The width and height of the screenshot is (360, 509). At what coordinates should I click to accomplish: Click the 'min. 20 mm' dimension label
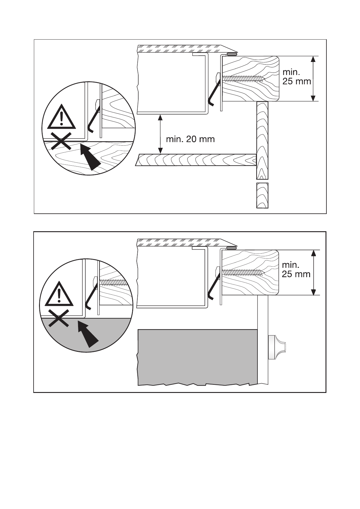190,139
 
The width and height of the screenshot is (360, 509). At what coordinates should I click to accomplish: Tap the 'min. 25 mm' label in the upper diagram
296,77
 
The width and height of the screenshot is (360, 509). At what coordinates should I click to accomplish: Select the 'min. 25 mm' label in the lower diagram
296,270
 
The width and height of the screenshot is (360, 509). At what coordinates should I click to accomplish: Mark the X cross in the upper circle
61,141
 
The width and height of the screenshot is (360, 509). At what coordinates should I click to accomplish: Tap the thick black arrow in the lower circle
88,334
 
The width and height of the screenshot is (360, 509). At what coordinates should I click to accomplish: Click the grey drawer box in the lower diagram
197,357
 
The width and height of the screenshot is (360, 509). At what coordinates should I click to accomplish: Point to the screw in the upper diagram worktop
244,79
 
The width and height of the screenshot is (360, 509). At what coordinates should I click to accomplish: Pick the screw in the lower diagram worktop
243,272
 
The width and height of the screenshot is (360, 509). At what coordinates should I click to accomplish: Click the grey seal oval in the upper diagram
232,54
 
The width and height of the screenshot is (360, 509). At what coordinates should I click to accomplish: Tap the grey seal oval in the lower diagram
231,248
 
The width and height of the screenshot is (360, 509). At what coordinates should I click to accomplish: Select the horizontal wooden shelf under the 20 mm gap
197,160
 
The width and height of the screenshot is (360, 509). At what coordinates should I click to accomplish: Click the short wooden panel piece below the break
262,195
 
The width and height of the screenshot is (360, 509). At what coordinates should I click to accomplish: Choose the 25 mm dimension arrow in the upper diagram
313,79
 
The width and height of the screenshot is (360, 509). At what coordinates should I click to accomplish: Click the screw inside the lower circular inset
112,283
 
